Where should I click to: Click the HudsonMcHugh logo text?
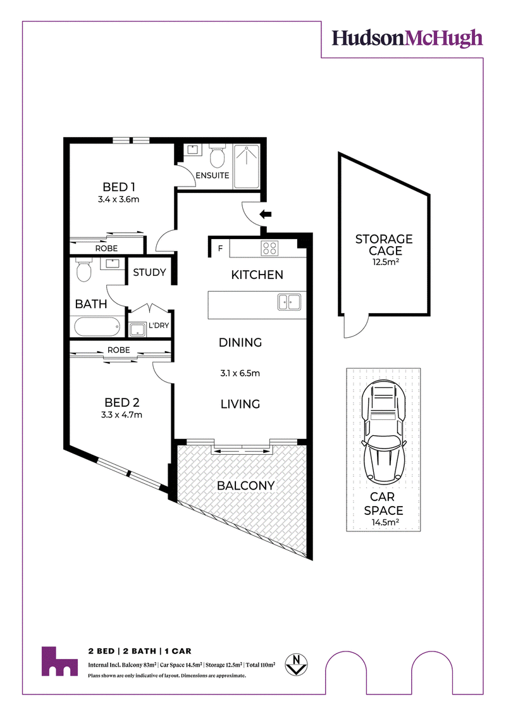(407, 39)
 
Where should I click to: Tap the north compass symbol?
(296, 664)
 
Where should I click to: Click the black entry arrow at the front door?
(265, 214)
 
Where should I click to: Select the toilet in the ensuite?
(217, 156)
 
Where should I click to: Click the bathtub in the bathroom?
(97, 327)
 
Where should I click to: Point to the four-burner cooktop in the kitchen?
(269, 249)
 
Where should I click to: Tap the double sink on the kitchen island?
(289, 302)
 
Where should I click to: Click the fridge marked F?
(220, 249)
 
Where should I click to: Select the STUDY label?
(149, 272)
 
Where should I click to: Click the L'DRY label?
(159, 325)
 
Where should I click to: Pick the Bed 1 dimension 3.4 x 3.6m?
(118, 199)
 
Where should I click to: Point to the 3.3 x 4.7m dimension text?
(121, 415)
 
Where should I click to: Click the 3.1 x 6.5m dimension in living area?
(240, 373)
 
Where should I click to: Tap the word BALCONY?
(245, 485)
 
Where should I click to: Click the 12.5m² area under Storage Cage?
(385, 262)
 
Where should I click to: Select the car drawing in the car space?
(383, 432)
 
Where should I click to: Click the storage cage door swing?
(356, 327)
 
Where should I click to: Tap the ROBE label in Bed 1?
(106, 249)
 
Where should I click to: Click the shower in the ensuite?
(247, 166)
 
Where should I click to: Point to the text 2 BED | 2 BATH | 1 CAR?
(140, 651)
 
